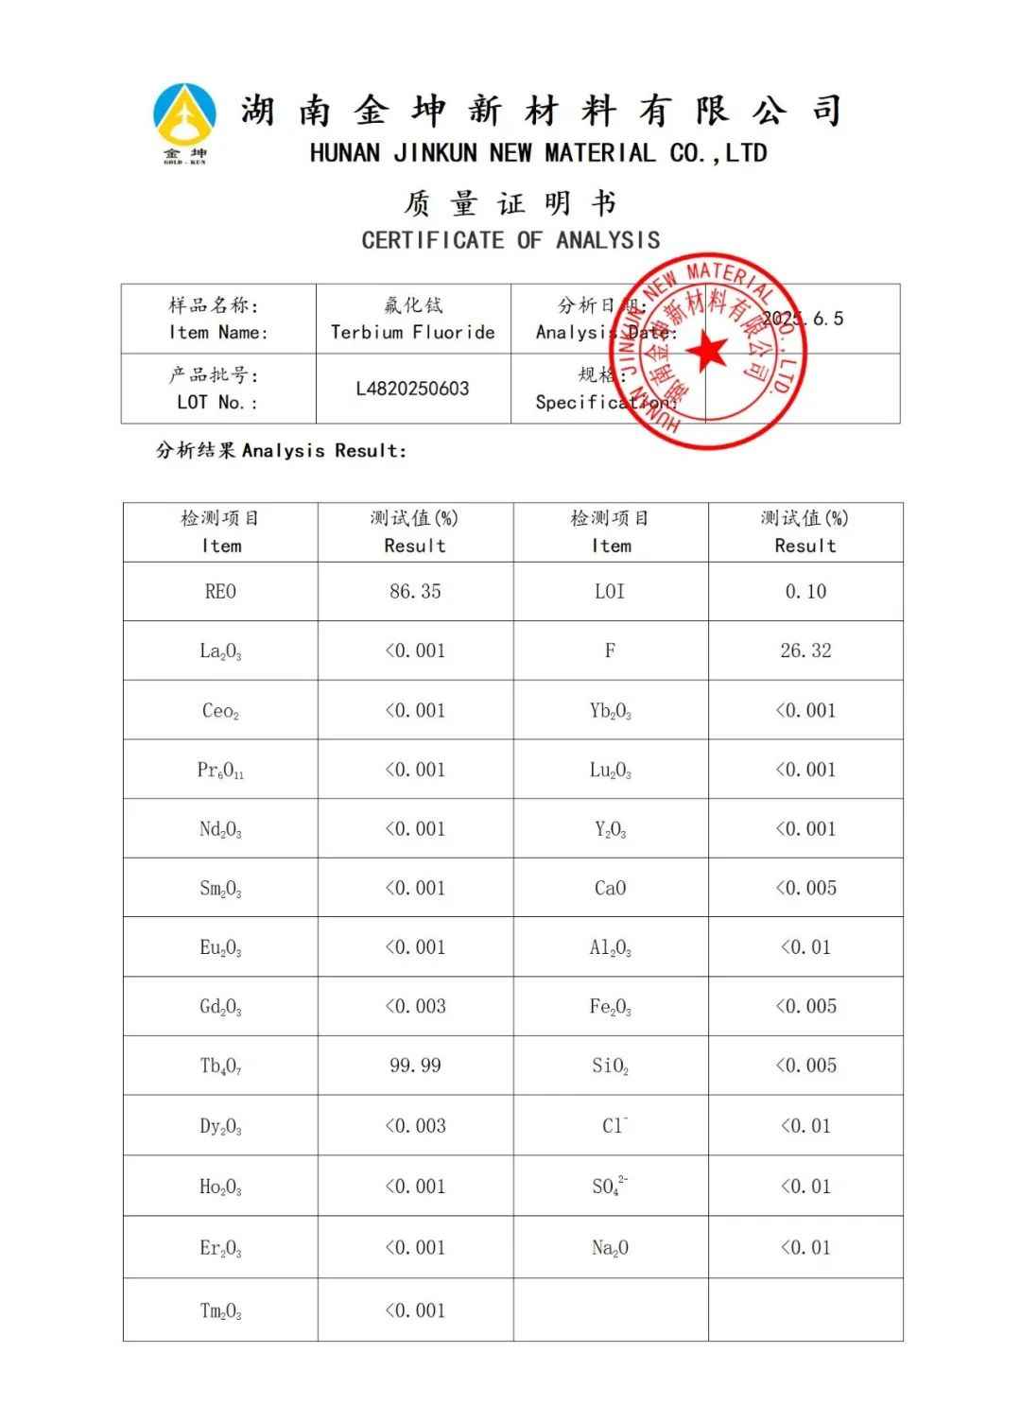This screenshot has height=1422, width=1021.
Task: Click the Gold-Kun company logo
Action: coord(184,123)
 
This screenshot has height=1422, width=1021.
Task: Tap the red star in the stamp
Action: coord(706,352)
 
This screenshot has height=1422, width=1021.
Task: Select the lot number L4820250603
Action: coord(412,389)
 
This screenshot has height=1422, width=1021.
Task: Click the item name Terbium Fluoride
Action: coord(412,332)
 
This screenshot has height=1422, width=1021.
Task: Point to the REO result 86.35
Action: coord(415,592)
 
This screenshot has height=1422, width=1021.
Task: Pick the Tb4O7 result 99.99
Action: coord(415,1066)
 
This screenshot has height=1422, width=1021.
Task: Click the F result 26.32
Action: coord(805,650)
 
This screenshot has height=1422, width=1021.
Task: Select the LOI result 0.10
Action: coord(805,592)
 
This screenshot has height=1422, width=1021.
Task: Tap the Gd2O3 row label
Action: coord(220,1007)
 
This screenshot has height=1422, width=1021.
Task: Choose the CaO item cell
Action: coord(610,888)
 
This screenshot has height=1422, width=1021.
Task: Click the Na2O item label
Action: coord(610,1248)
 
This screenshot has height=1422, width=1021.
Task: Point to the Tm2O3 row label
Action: coord(220,1311)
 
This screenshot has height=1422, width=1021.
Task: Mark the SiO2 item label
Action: coord(610,1066)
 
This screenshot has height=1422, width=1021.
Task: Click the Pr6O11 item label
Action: coord(220,771)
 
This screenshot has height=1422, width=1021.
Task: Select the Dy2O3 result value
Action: coord(415,1126)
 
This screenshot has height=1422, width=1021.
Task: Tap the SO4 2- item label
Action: coord(610,1186)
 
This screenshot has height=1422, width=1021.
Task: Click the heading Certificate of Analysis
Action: coord(510,240)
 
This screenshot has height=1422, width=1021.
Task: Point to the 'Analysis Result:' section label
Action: coord(281,451)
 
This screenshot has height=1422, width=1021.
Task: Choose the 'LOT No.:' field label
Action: coord(217,402)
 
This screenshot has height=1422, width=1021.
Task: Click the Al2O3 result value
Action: coord(805,947)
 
